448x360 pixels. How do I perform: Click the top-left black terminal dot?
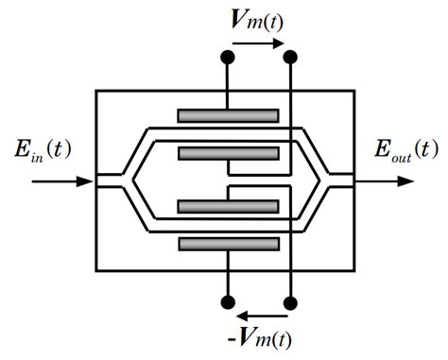coord(228,59)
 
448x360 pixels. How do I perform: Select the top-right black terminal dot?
coord(290,59)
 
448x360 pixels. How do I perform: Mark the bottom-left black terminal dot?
coord(228,302)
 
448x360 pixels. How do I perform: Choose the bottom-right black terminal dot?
coord(290,302)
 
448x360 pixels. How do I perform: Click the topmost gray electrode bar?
coord(228,116)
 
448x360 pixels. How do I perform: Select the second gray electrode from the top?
coord(228,153)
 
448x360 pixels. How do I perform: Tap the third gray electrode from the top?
coord(228,207)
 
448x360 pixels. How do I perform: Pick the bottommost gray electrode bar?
coord(228,244)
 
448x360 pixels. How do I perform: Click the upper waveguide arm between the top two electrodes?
coord(228,134)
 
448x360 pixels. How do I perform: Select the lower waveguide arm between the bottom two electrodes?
coord(228,226)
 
